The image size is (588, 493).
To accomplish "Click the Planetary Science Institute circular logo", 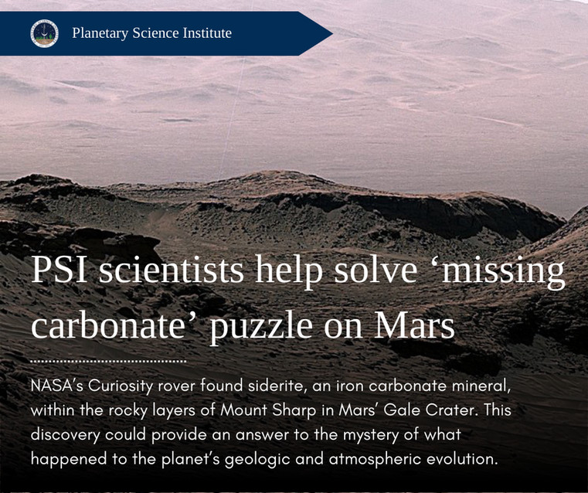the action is coord(44,33).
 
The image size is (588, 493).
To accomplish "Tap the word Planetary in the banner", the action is coord(100,33).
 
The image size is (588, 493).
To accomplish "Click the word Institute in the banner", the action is coord(207,33).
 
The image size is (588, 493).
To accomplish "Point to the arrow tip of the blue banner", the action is coord(332,33).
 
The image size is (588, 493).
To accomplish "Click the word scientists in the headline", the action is coord(171,270).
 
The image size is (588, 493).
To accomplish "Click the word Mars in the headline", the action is coord(414,325).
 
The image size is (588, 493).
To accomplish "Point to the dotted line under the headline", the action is coord(109,362).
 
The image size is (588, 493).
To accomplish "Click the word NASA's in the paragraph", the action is coord(57,386).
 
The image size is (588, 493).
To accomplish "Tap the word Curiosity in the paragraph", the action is coord(121,387).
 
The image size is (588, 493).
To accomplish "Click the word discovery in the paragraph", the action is coord(65,435).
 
